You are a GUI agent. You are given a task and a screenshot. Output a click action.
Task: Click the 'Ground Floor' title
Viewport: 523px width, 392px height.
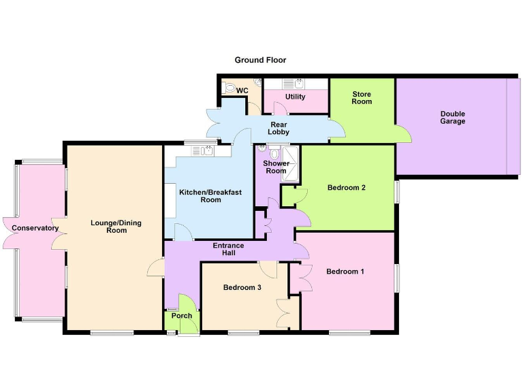tap(260, 60)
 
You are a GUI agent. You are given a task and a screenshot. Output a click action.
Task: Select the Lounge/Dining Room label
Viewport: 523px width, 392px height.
tap(108, 226)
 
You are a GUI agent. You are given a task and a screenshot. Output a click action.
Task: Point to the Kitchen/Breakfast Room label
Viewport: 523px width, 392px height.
tap(210, 196)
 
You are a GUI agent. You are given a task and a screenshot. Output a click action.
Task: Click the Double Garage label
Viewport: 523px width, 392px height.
tap(452, 117)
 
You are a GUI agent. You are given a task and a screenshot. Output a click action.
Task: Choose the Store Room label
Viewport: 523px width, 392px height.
tap(362, 97)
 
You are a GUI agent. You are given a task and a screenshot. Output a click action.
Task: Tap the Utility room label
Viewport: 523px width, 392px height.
tap(296, 97)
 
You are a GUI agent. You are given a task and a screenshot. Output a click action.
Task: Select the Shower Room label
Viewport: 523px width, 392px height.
tap(276, 167)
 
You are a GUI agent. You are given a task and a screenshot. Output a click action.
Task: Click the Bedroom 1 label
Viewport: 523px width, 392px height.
tap(345, 272)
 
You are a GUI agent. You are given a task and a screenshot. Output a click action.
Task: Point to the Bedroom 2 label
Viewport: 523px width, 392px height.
tap(347, 188)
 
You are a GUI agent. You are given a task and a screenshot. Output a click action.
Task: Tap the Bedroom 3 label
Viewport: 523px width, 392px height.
tap(242, 287)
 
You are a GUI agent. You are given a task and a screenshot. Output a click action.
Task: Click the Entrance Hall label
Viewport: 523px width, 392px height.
tap(228, 249)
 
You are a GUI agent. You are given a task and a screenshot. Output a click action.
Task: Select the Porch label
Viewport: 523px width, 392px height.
tap(182, 316)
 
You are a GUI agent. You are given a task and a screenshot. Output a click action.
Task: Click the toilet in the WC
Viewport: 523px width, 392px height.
tap(229, 88)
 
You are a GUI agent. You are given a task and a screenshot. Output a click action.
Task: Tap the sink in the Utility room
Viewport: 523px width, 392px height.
tap(297, 84)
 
